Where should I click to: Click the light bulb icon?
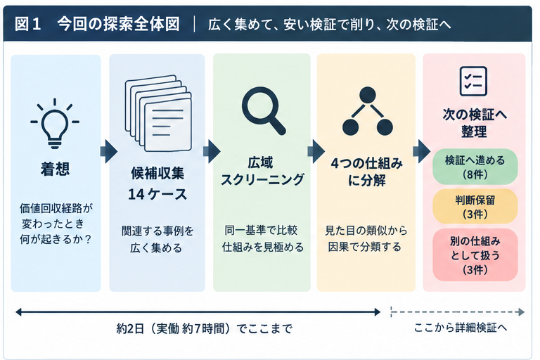(55, 123)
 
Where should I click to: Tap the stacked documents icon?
(158, 114)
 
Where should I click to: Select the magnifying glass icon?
(264, 110)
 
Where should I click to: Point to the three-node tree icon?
(368, 111)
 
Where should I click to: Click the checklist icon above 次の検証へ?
(473, 82)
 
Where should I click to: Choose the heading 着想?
(55, 169)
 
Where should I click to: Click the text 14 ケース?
(157, 194)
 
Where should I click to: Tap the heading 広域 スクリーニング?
(262, 172)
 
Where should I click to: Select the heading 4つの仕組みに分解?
(367, 172)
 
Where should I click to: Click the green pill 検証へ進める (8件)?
(475, 167)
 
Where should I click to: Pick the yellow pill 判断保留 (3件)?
(475, 207)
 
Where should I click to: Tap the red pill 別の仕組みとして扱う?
(475, 255)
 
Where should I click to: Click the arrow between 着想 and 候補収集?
(108, 152)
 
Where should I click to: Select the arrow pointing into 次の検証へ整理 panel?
(422, 151)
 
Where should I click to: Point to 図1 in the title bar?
(28, 24)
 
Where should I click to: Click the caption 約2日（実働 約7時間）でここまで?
(204, 328)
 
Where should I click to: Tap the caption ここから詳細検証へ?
(461, 327)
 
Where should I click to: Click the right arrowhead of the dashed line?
(522, 312)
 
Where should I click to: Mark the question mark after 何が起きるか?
(88, 239)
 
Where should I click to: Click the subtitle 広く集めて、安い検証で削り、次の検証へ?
(329, 25)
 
